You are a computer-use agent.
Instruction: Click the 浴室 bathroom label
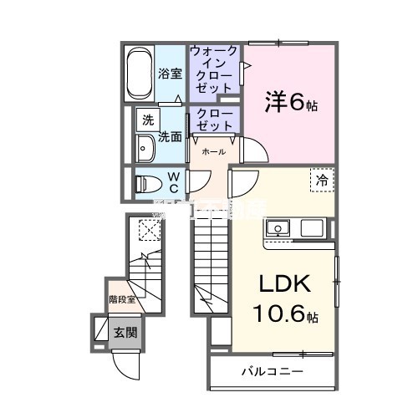[x=170, y=74]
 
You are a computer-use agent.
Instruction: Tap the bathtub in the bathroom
[x=140, y=74]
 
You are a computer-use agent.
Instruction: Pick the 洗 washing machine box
[x=147, y=120]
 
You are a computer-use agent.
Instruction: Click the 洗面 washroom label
[x=171, y=136]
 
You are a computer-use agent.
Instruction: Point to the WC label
[x=174, y=182]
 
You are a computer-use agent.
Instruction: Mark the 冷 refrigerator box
[x=322, y=179]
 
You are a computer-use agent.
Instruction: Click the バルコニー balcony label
[x=272, y=371]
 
